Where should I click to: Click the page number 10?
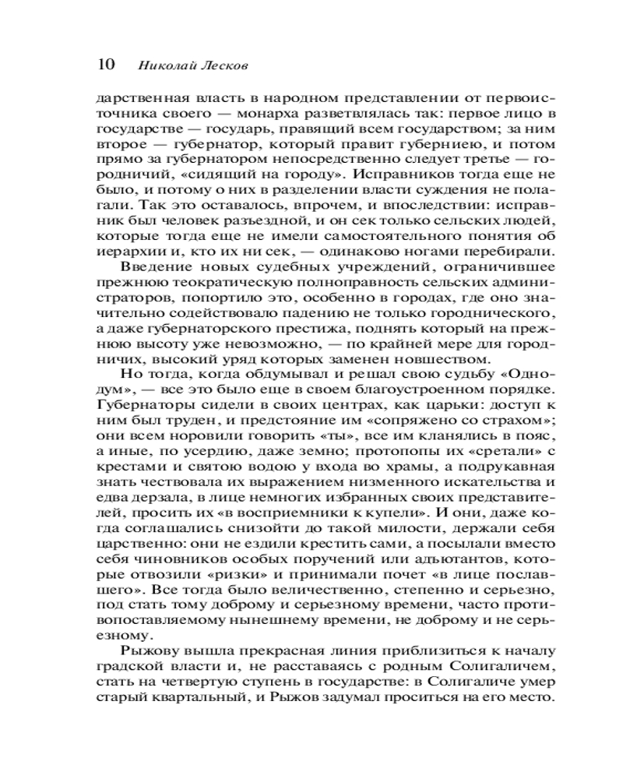(104, 65)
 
